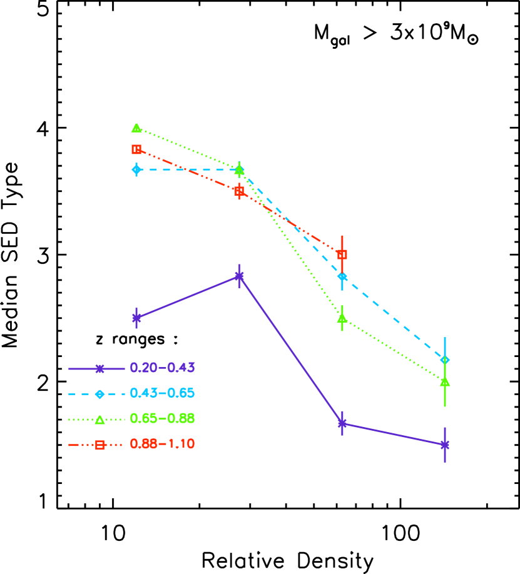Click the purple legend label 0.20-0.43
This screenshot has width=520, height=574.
tap(162, 368)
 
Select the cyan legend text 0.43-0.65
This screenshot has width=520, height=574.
tap(162, 393)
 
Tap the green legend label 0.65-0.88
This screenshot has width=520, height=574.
tap(162, 418)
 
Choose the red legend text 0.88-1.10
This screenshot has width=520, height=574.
tap(162, 444)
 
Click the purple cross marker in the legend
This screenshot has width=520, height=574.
tap(99, 369)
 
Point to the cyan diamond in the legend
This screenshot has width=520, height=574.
tap(99, 394)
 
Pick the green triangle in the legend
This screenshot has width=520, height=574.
tap(99, 420)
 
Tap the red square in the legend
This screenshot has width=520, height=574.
tap(99, 445)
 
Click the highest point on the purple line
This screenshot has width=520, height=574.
tap(239, 276)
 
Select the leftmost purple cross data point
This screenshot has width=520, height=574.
tap(136, 318)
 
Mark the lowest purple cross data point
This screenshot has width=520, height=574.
tap(445, 445)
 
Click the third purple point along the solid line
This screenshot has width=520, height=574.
tap(342, 423)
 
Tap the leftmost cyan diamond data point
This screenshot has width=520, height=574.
tap(136, 169)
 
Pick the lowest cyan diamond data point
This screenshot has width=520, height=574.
tap(445, 360)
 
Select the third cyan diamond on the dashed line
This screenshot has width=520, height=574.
tap(342, 276)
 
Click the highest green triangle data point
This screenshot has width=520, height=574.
tap(136, 128)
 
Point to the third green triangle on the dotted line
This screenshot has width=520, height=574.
tap(342, 318)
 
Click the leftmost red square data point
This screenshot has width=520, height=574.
tap(136, 149)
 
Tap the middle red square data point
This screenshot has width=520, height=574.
tap(239, 191)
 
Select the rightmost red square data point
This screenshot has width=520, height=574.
tap(342, 254)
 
